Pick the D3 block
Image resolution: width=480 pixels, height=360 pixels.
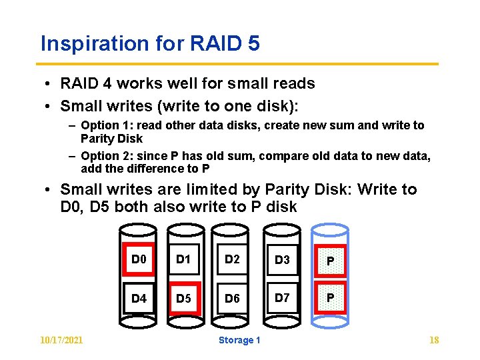click(x=282, y=259)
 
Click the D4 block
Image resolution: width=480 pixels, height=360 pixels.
click(x=139, y=298)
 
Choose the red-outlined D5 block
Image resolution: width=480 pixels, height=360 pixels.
click(x=183, y=298)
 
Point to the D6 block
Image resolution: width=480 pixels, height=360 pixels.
click(x=232, y=298)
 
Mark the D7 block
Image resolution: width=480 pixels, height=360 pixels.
click(x=282, y=297)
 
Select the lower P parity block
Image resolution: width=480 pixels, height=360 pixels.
click(x=330, y=298)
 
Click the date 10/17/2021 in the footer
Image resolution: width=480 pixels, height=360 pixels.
click(x=62, y=341)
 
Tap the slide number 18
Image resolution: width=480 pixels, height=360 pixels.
click(x=434, y=341)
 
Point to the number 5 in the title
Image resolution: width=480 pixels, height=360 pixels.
click(x=253, y=44)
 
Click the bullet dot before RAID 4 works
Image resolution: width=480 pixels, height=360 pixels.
click(x=51, y=84)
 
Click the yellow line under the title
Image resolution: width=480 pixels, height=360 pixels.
click(x=239, y=64)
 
